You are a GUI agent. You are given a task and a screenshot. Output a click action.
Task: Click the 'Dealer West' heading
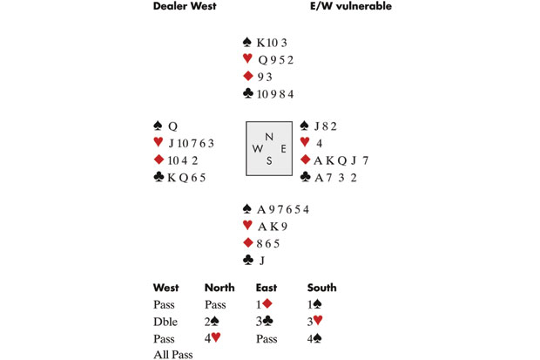coord(185,6)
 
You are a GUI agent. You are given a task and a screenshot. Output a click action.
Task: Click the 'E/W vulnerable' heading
coord(351,6)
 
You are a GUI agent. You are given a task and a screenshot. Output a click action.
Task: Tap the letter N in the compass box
coord(269,137)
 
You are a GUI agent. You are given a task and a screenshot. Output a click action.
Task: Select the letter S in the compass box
coord(269,160)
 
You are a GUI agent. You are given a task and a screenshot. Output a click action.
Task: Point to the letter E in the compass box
coord(283,149)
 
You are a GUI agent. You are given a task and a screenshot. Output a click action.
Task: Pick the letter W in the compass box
coord(258,149)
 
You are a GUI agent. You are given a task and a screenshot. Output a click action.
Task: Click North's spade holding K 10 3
coord(272,43)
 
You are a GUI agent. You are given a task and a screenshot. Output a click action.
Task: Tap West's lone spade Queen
coord(172,126)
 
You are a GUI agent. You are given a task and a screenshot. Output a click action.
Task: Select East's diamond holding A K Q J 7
coord(341,160)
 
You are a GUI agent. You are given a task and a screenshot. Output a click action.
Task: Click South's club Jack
coord(262,261)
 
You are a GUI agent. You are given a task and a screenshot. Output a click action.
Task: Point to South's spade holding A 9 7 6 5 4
coord(283,209)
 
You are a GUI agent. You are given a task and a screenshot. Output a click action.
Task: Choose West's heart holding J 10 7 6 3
coord(191,143)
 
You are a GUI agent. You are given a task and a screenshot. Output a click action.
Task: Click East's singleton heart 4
coord(320,143)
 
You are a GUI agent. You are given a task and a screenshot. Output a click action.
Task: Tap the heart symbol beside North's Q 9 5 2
coord(247,58)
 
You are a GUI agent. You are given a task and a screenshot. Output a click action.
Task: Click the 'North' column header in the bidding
coord(219,288)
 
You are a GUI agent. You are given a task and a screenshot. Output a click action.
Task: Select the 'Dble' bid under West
coord(165,322)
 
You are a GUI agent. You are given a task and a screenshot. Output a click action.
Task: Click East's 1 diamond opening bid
coord(264,304)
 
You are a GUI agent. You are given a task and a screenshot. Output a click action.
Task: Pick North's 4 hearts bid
coord(213,338)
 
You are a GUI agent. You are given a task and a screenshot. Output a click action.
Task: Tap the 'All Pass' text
coord(173,355)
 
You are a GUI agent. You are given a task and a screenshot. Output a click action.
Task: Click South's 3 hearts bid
coord(315,321)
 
